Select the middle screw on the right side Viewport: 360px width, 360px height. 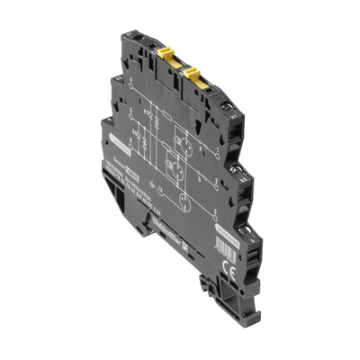click(x=257, y=168)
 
